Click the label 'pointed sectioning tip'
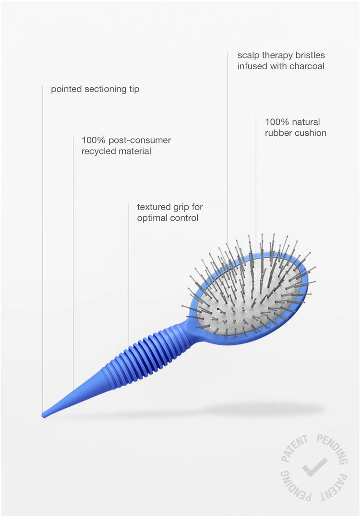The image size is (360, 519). pos(95,89)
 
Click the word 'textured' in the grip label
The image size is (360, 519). pos(153,208)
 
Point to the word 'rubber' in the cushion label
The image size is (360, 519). pos(276,133)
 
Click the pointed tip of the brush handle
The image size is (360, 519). pos(43,414)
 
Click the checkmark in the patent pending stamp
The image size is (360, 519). pos(314,467)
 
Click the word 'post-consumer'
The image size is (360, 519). pos(140,141)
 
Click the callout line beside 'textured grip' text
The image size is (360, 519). pos(129,275)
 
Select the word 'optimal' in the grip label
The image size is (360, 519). pos(151,218)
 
